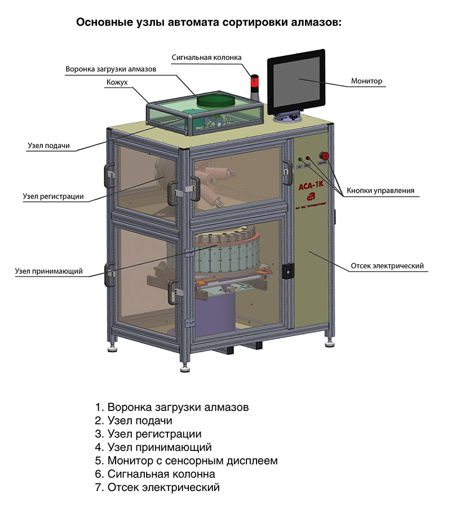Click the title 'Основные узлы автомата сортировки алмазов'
pyautogui.click(x=209, y=23)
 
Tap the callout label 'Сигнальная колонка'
pyautogui.click(x=207, y=58)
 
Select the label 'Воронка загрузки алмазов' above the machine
pyautogui.click(x=111, y=70)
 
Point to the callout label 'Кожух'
pyautogui.click(x=117, y=83)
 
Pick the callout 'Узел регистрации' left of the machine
pyautogui.click(x=54, y=197)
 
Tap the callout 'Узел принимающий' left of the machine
pyautogui.click(x=49, y=271)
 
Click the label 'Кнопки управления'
pyautogui.click(x=381, y=191)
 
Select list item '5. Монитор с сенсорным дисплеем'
pyautogui.click(x=186, y=461)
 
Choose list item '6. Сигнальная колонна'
pyautogui.click(x=155, y=474)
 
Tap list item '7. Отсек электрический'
pyautogui.click(x=157, y=488)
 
